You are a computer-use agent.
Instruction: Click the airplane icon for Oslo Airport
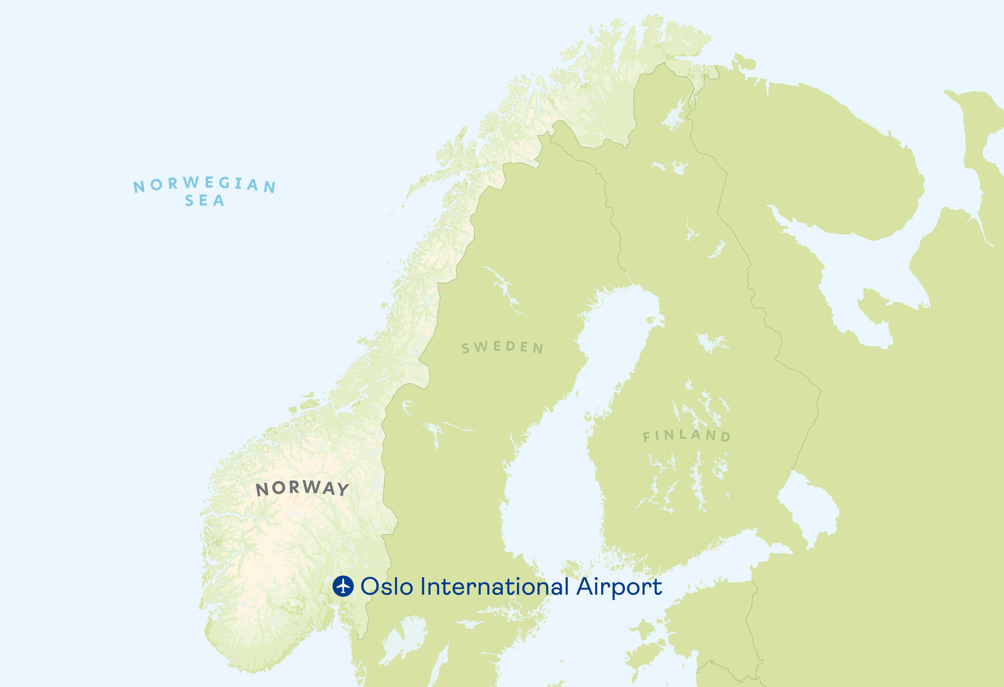click(343, 586)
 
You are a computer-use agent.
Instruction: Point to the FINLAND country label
click(687, 436)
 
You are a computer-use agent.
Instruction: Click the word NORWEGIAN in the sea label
click(204, 184)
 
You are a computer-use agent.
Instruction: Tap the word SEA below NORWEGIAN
click(204, 201)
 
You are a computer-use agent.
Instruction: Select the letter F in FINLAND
click(646, 437)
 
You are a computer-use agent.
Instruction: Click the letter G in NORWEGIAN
click(224, 183)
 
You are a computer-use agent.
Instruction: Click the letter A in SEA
click(219, 201)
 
